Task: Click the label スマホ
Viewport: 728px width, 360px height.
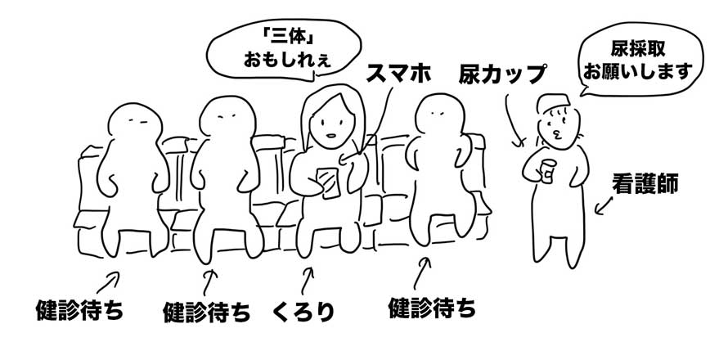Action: coord(399,74)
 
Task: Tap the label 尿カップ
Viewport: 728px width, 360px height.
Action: coord(501,74)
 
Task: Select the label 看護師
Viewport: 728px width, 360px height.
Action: coord(645,184)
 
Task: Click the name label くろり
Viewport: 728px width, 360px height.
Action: coord(303,312)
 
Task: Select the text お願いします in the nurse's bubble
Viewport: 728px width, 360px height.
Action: coord(637,72)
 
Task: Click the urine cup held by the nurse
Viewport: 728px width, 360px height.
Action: coord(547,170)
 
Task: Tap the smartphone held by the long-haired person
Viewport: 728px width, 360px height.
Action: coord(328,183)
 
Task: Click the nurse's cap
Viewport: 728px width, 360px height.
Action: coord(552,102)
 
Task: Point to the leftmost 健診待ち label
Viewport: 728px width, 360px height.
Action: coord(79,310)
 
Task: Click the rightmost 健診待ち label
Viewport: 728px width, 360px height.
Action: coord(432,308)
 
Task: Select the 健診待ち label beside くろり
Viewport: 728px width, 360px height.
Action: coord(207,313)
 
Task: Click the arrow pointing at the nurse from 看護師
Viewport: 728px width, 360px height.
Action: coord(603,206)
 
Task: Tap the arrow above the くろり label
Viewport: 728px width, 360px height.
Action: coord(307,281)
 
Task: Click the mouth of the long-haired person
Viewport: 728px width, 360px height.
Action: coord(330,136)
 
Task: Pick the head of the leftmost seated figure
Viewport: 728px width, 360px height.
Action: coord(135,123)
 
